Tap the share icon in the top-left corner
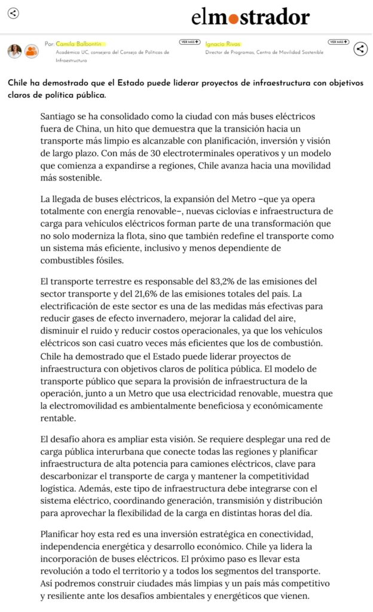pos(13,13)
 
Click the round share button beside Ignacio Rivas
pos(360,49)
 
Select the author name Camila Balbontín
pos(81,44)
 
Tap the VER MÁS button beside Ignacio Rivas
pos(338,42)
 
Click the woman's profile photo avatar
pos(14,51)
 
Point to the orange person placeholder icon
pos(31,51)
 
